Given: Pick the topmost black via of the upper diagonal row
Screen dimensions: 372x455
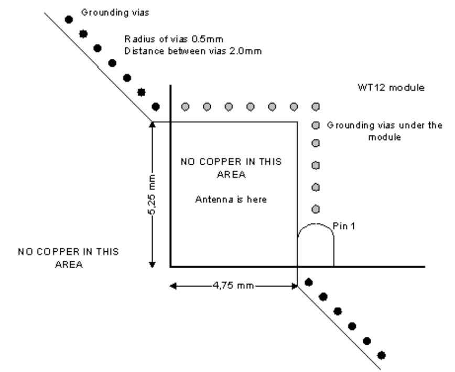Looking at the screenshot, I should [68, 19].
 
